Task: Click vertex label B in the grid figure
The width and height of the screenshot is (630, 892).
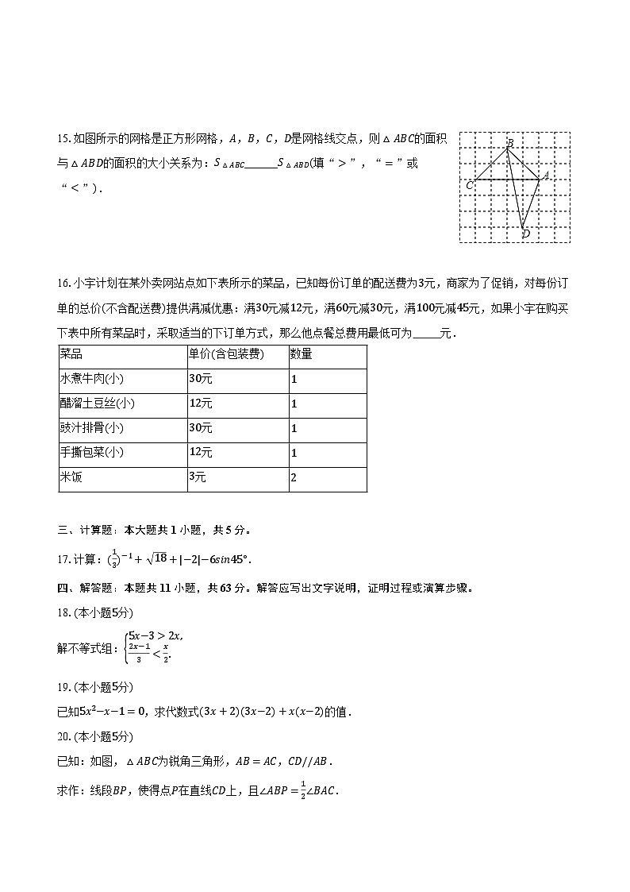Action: pos(510,143)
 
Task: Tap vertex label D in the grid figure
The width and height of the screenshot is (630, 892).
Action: pos(525,234)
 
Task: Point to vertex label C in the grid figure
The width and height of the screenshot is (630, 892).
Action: pos(470,185)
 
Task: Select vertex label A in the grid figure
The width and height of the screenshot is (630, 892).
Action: pos(545,176)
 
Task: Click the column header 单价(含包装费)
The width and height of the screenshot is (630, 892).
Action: pos(226,354)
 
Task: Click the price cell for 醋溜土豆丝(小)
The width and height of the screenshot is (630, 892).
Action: pos(200,404)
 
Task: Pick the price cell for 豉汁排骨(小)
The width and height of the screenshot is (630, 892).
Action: pos(200,428)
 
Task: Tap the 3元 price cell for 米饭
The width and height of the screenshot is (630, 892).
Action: pos(198,477)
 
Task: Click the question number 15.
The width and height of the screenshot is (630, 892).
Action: pos(63,139)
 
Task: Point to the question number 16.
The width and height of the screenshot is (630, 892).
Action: pos(63,284)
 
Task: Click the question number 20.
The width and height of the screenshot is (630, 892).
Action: pos(63,736)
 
